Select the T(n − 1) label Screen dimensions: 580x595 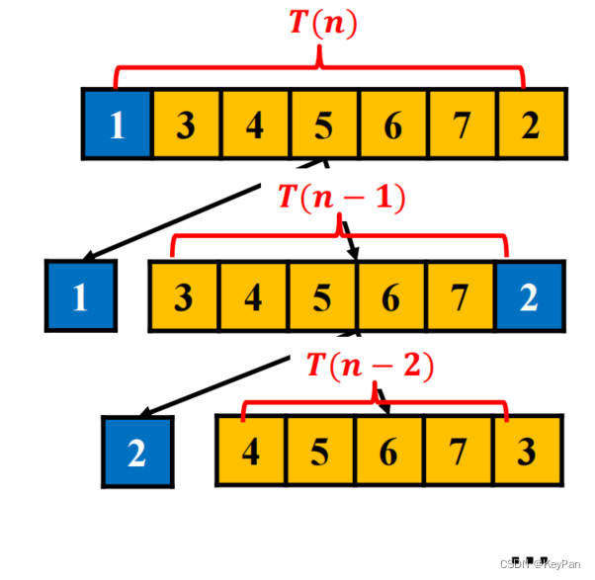coord(340,197)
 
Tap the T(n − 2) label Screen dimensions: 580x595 coord(369,367)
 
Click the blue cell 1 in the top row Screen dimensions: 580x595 coord(117,124)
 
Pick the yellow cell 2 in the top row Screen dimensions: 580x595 coord(531,124)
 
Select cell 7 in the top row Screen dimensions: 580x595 coord(462,124)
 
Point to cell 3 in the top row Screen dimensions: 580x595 coord(186,124)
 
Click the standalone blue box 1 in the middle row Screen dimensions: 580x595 coord(80,295)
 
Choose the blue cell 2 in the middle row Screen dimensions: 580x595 coord(530,295)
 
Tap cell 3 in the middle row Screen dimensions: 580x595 coord(184,295)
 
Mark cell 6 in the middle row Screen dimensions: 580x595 coord(391,295)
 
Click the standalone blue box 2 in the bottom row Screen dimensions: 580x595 coord(137,452)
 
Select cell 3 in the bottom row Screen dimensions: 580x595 coord(527,451)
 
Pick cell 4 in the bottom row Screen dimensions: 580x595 coord(251,451)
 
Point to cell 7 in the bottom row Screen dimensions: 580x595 coord(458,451)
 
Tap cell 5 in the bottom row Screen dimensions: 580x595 coord(320,451)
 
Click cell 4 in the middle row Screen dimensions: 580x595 coord(253,295)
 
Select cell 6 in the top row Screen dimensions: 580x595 coord(392,124)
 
